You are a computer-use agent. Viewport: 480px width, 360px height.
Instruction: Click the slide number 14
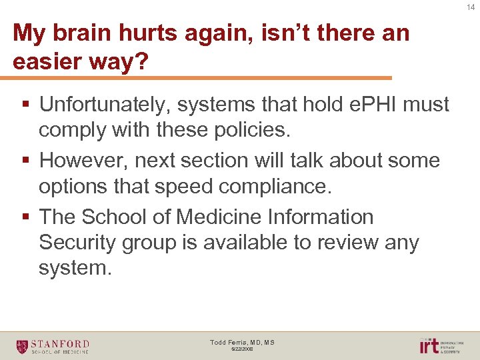[471, 7]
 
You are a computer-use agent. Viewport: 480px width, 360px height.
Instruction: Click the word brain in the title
[83, 32]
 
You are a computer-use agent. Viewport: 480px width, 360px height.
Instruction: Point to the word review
[335, 243]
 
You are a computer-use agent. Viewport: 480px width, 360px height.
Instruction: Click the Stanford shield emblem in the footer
[22, 346]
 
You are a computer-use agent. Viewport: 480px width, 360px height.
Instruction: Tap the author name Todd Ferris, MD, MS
[242, 342]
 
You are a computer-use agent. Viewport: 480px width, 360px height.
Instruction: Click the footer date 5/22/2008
[242, 349]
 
